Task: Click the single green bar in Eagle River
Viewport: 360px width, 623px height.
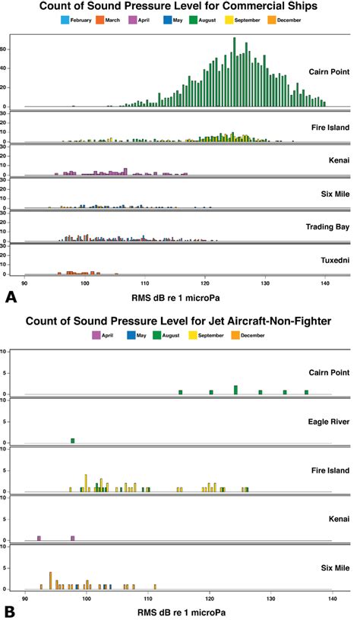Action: [x=73, y=441]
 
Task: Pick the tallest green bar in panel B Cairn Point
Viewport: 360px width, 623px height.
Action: [x=236, y=390]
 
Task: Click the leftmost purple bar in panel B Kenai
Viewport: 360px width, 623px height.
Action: [x=39, y=538]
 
